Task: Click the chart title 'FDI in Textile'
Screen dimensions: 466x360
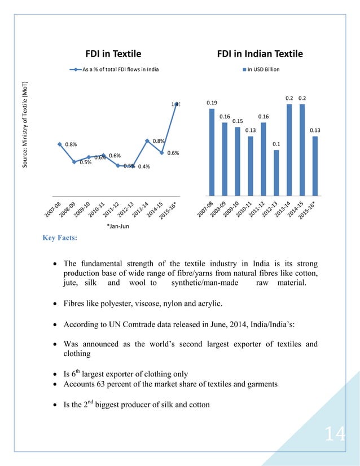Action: pyautogui.click(x=113, y=54)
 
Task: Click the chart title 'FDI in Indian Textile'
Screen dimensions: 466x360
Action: pyautogui.click(x=260, y=54)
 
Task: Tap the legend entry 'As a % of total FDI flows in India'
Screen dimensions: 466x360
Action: pyautogui.click(x=116, y=69)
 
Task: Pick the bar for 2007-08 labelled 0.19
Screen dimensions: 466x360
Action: pyautogui.click(x=212, y=152)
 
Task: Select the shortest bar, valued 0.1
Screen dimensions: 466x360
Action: pyautogui.click(x=276, y=172)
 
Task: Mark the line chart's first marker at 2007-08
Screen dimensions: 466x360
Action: pyautogui.click(x=59, y=144)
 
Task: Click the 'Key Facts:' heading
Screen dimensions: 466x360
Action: pyautogui.click(x=60, y=238)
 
